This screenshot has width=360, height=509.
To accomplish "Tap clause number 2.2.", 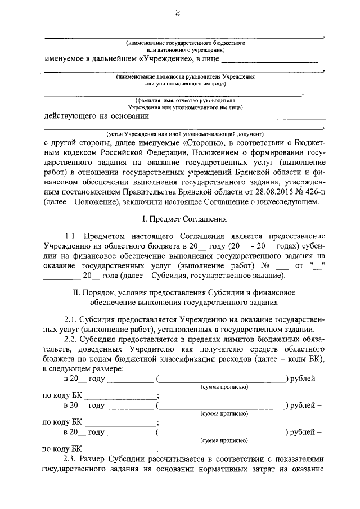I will [73, 342].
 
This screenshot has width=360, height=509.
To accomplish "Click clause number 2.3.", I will [73, 460].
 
